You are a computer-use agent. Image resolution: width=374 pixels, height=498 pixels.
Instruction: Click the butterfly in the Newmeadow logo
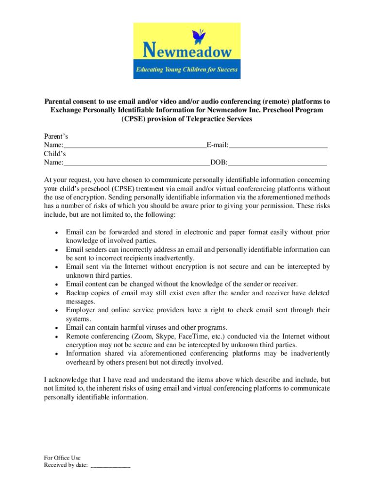[199, 36]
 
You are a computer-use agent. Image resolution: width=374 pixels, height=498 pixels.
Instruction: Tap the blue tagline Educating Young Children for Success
[187, 70]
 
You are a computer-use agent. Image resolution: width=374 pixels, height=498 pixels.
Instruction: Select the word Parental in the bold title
[58, 102]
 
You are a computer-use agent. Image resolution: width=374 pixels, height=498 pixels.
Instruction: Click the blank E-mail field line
[278, 145]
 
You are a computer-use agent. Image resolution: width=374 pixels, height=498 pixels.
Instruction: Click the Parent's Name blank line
[135, 145]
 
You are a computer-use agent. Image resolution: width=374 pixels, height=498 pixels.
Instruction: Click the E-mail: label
[218, 145]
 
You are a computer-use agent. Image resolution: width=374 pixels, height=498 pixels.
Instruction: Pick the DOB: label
[219, 162]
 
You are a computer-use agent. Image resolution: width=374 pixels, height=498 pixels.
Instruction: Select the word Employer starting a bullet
[80, 310]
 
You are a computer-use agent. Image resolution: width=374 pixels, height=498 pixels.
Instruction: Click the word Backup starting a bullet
[77, 293]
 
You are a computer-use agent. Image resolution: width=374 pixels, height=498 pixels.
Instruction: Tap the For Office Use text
[62, 458]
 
